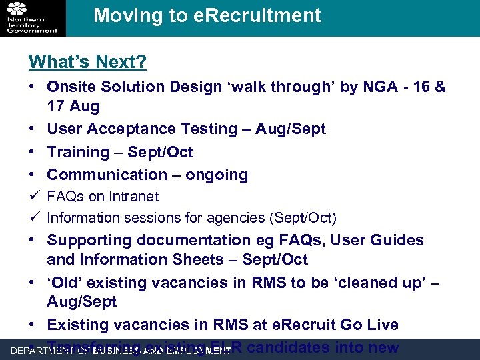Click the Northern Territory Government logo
[32, 17]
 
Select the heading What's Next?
[87, 63]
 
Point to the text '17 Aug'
[73, 106]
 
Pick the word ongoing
[217, 175]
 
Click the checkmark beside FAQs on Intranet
[33, 196]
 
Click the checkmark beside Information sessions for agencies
[33, 217]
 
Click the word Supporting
[89, 240]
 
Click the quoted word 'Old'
[64, 283]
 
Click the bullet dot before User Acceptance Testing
[33, 129]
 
